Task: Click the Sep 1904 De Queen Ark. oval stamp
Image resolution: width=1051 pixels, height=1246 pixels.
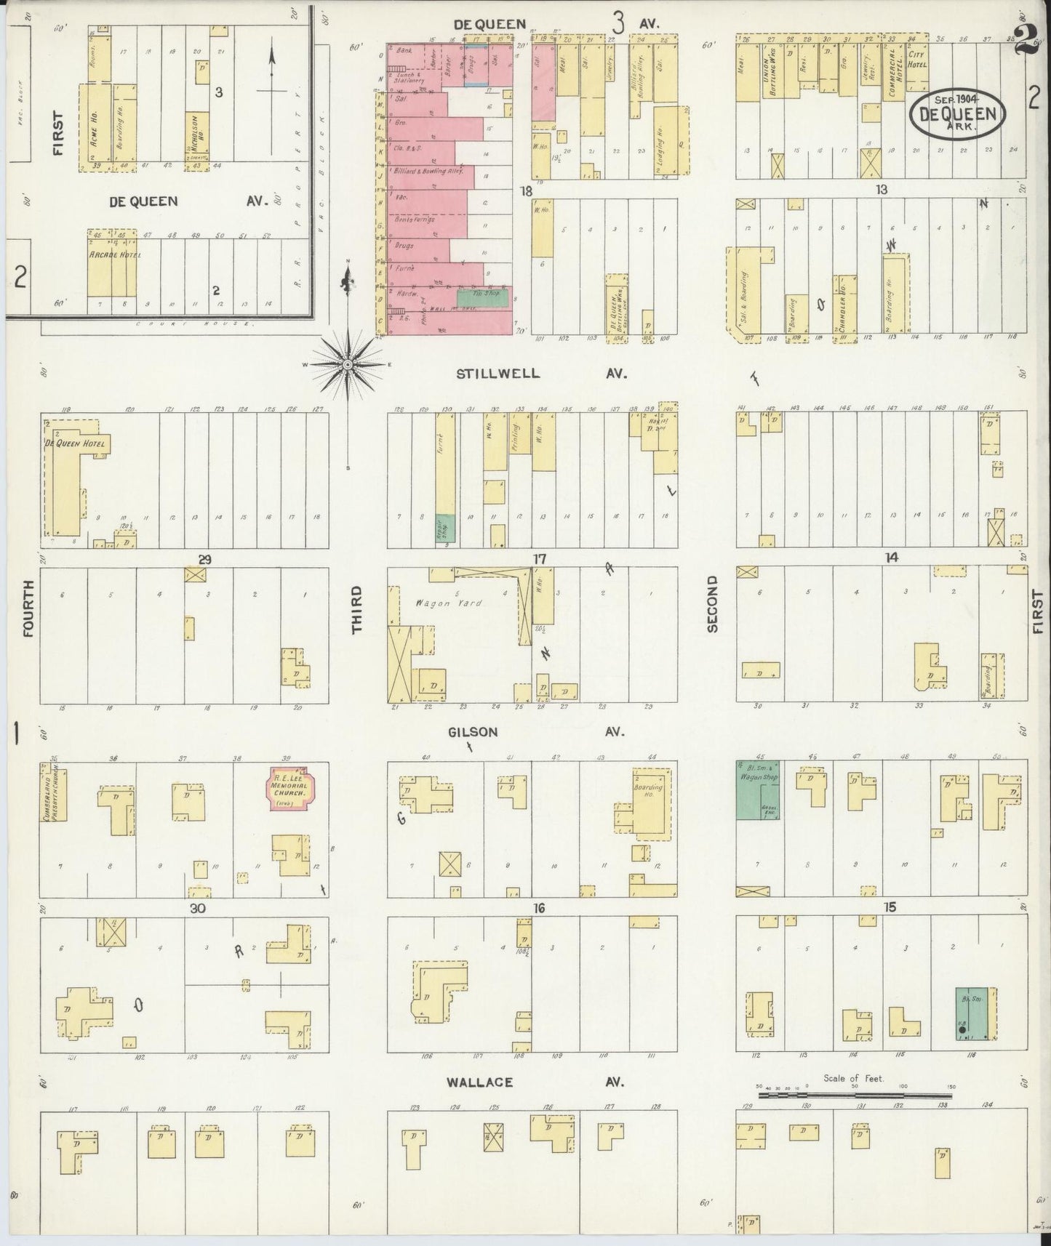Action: point(957,113)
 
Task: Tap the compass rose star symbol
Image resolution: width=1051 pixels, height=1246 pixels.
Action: point(348,363)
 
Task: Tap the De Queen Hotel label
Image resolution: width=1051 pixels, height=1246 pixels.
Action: point(76,443)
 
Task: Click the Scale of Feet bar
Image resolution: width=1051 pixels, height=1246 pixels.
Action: point(854,1093)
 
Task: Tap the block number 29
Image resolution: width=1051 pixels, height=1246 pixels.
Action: point(205,559)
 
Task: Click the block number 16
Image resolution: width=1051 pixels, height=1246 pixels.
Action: point(539,908)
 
